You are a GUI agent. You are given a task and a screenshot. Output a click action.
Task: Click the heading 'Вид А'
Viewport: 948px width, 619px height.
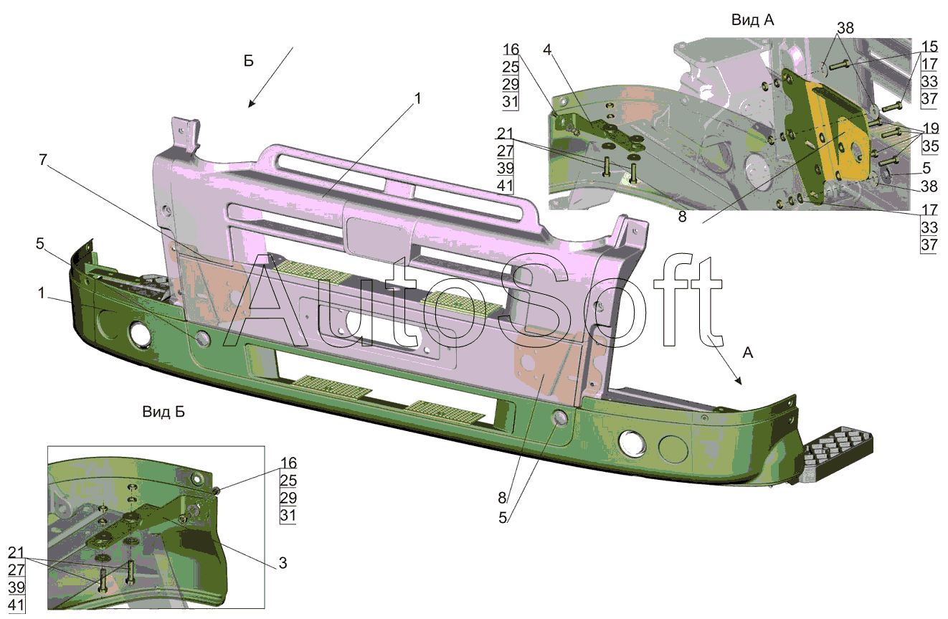click(x=752, y=20)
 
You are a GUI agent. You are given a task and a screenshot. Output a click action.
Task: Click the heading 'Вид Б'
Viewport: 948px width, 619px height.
click(x=163, y=412)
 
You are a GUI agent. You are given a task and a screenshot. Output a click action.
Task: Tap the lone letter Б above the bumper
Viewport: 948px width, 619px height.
click(x=248, y=61)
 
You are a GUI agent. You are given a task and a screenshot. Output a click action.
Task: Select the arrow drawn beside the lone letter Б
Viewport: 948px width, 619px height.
click(x=270, y=77)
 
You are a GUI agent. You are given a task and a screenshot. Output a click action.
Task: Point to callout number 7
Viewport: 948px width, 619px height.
click(x=43, y=160)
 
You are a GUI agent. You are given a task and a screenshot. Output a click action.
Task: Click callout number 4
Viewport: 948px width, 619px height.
click(x=547, y=50)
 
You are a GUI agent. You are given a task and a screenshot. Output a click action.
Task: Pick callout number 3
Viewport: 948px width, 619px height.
click(x=283, y=562)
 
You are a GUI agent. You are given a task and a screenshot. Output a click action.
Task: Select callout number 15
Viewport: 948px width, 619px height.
click(x=929, y=47)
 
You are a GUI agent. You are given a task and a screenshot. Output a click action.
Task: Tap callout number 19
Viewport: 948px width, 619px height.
click(x=931, y=128)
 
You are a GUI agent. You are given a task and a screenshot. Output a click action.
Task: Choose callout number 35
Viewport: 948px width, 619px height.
click(x=931, y=146)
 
